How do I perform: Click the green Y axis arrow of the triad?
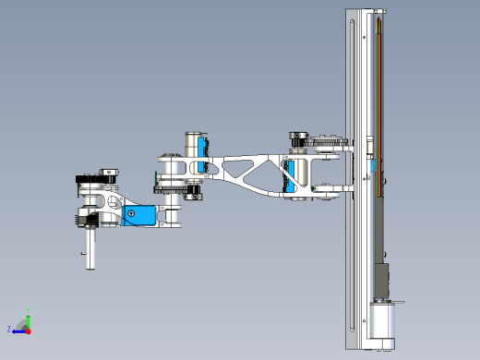click(28, 318)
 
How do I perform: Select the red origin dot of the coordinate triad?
click(28, 328)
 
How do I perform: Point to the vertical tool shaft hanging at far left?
click(90, 247)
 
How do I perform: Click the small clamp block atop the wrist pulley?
click(108, 171)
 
